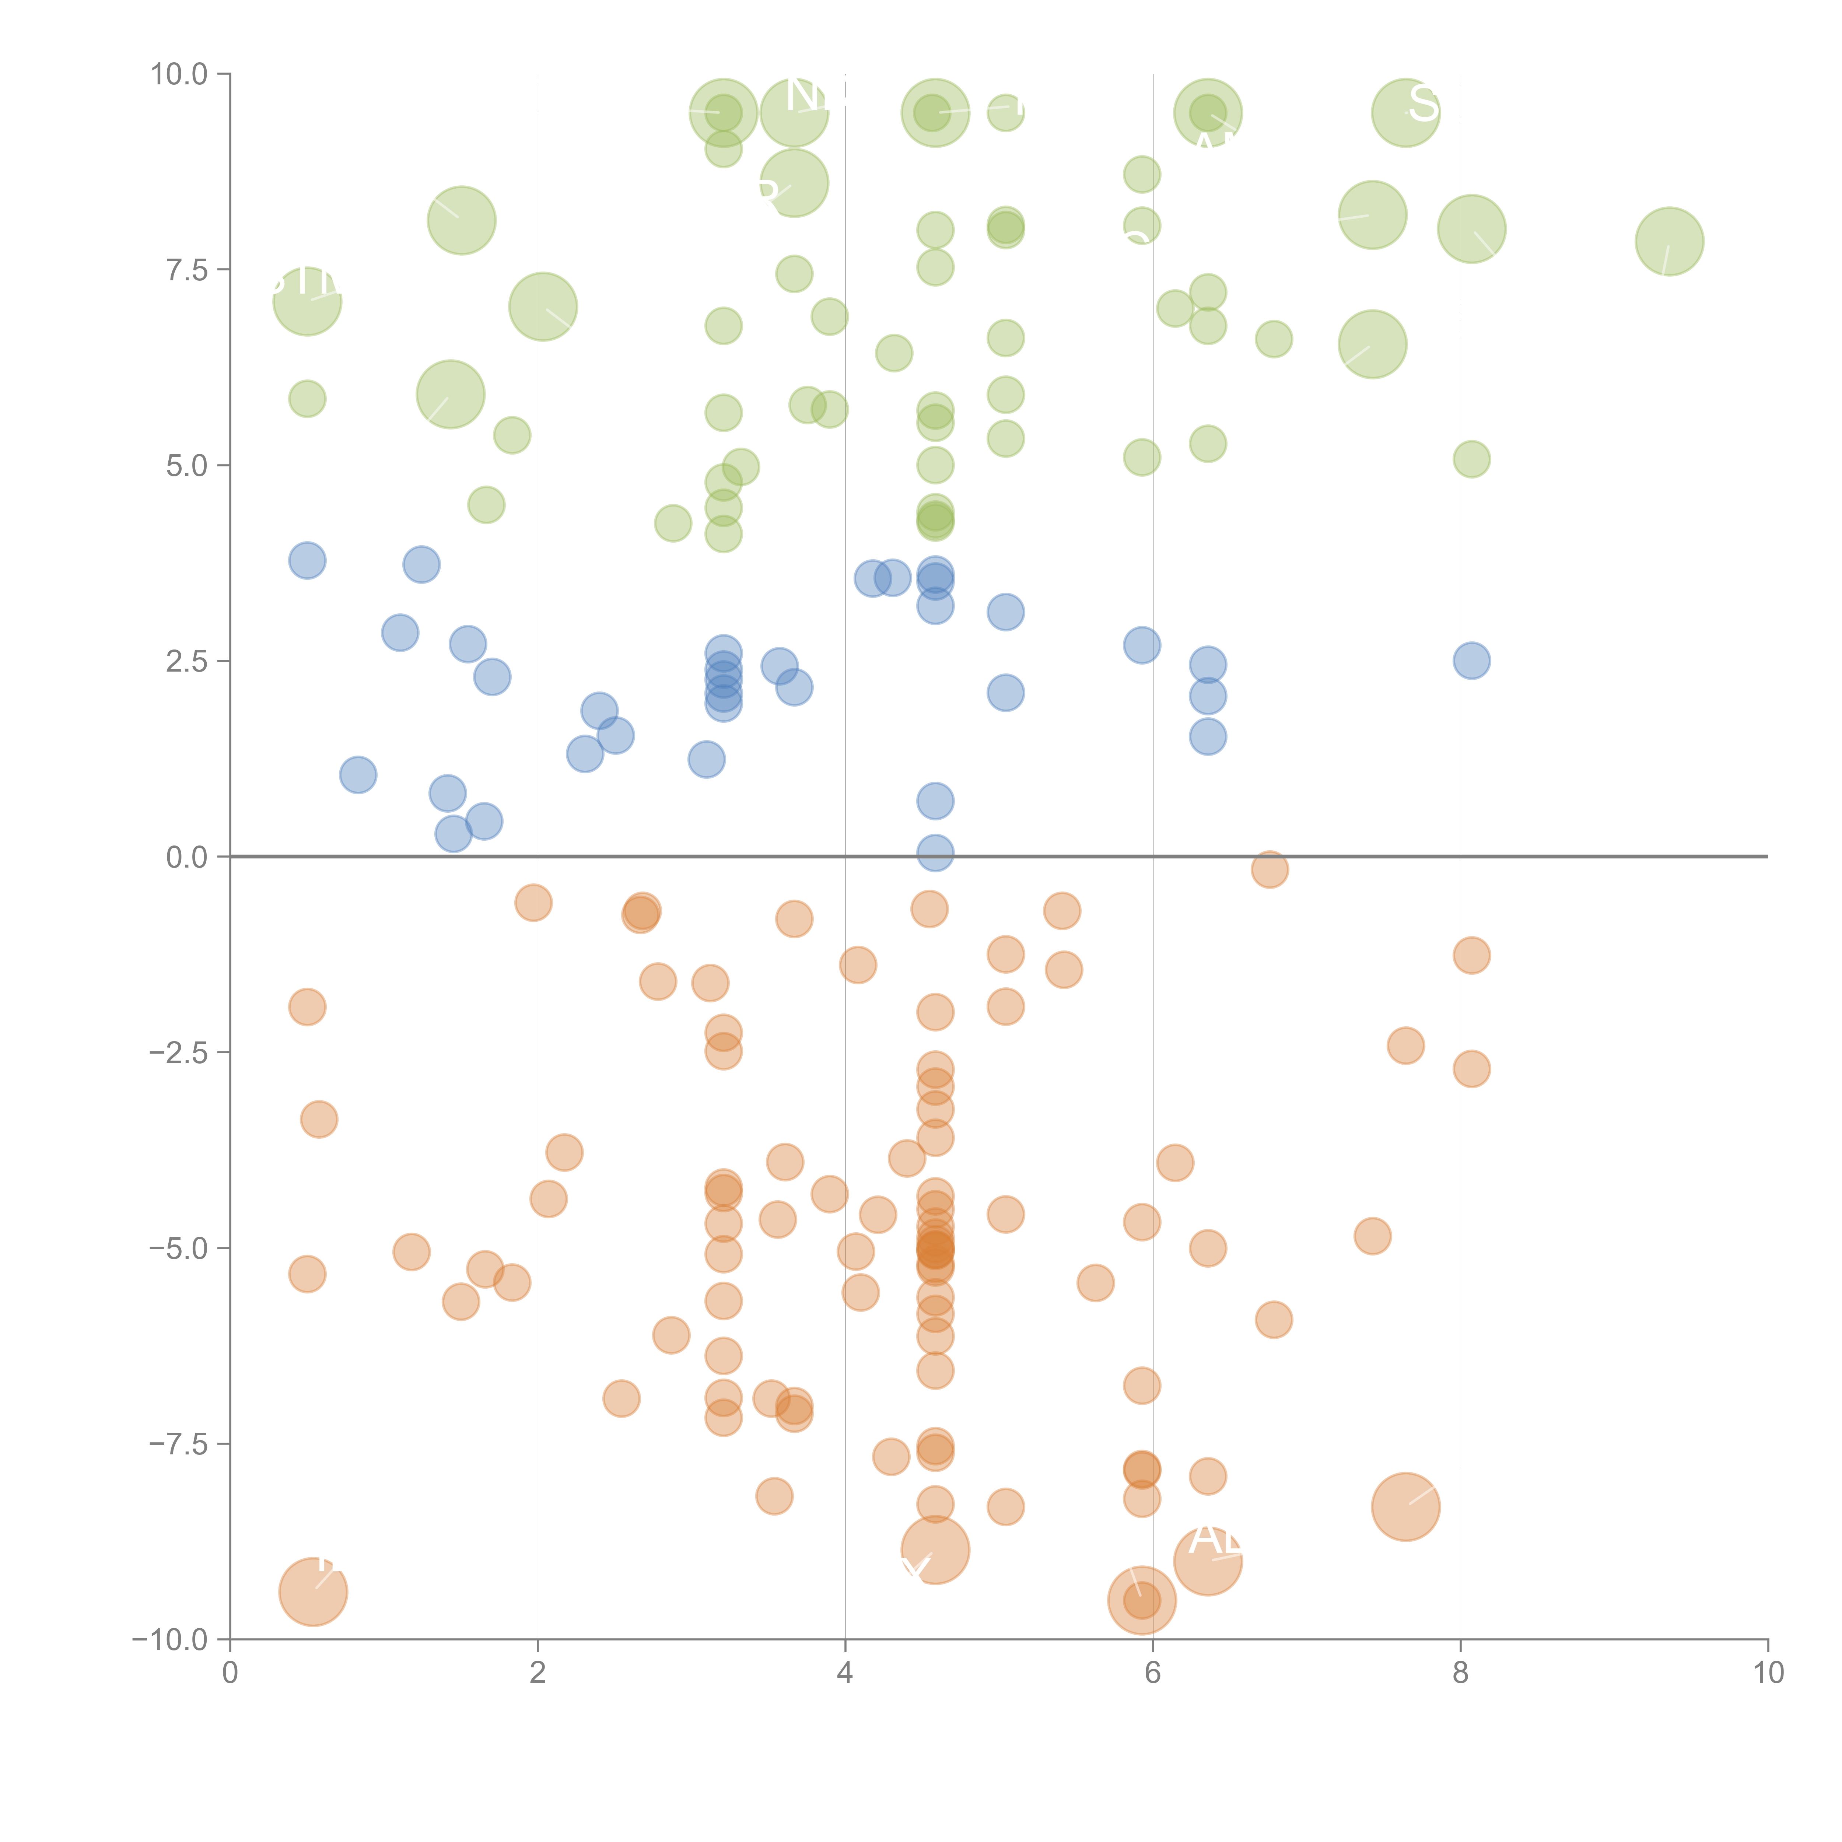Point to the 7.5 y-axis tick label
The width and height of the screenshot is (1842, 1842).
click(x=186, y=270)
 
